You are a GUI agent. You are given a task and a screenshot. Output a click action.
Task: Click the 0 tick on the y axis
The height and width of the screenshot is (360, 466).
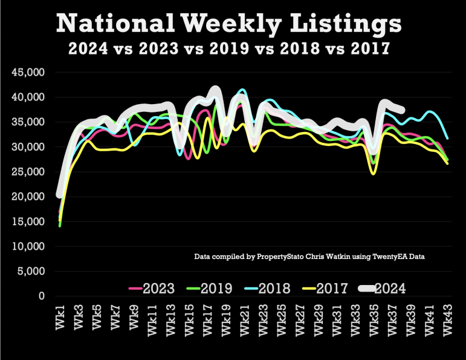[42, 296]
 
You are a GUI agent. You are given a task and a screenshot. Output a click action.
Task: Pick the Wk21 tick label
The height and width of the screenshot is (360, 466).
[245, 319]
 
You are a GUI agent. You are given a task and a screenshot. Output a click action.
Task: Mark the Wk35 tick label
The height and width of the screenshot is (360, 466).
[374, 319]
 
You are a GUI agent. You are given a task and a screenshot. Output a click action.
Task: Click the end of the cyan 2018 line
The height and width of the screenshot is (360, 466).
[447, 139]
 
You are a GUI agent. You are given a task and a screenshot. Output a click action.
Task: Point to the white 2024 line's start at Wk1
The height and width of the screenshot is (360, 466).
[59, 194]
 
